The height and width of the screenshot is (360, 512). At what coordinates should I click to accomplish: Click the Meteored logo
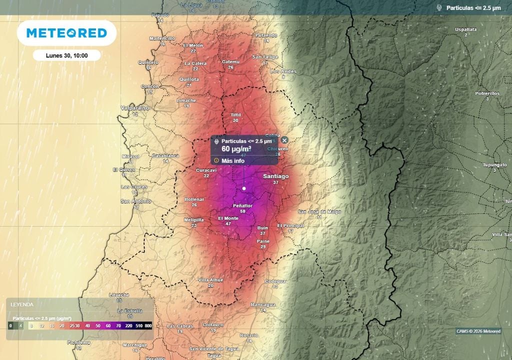pyautogui.click(x=66, y=33)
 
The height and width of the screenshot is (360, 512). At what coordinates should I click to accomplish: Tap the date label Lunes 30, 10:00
pyautogui.click(x=66, y=55)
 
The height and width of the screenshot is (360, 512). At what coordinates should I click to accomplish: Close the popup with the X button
pyautogui.click(x=284, y=140)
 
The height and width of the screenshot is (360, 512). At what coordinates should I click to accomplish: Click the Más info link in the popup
pyautogui.click(x=232, y=160)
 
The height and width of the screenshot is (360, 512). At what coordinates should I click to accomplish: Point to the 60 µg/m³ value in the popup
pyautogui.click(x=236, y=149)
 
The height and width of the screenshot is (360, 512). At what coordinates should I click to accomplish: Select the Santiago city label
pyautogui.click(x=276, y=176)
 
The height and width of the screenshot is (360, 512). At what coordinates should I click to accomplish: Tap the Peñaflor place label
pyautogui.click(x=242, y=206)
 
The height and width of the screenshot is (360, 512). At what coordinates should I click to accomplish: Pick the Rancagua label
pyautogui.click(x=263, y=304)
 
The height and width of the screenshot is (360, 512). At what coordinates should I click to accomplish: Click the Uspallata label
pyautogui.click(x=465, y=29)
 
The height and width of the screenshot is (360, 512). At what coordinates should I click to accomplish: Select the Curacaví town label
pyautogui.click(x=205, y=170)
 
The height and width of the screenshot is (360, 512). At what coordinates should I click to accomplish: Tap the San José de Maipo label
pyautogui.click(x=319, y=212)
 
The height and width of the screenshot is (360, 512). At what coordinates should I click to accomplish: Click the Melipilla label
pyautogui.click(x=193, y=219)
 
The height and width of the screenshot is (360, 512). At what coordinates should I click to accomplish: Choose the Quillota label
pyautogui.click(x=189, y=79)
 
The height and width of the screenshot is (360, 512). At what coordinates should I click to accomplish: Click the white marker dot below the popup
pyautogui.click(x=244, y=188)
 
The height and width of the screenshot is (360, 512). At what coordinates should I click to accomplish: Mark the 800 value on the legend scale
pyautogui.click(x=148, y=325)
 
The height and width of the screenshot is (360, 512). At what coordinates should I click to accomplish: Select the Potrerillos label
pyautogui.click(x=487, y=93)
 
